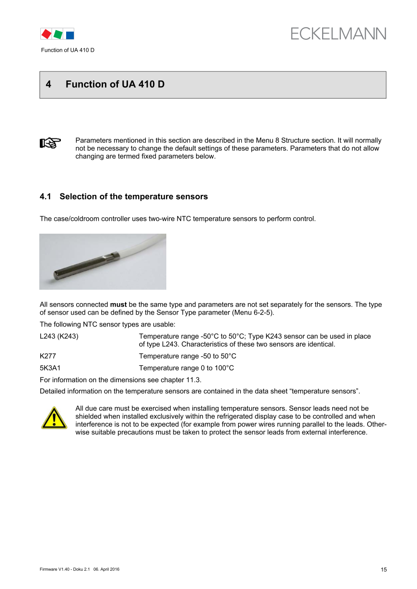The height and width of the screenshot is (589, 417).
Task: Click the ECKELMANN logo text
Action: coord(338,34)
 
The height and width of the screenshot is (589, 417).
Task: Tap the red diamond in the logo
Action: coord(46,34)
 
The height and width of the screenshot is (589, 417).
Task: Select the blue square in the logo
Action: coord(70,34)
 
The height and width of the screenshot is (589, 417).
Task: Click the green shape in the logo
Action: coord(58,34)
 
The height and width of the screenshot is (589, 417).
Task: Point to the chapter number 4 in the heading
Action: coord(48,84)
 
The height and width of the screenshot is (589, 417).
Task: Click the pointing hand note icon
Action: coord(50,143)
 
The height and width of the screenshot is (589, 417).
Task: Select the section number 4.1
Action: coord(46,197)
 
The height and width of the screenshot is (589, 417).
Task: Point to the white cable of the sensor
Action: coord(139,247)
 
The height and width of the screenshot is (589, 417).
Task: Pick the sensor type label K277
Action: coord(47,356)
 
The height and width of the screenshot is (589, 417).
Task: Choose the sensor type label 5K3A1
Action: coord(49,368)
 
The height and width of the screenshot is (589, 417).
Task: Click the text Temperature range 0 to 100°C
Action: coord(186,368)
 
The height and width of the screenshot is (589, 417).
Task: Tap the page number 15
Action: coord(383,570)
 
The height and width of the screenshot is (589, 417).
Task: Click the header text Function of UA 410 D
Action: coord(68,50)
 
